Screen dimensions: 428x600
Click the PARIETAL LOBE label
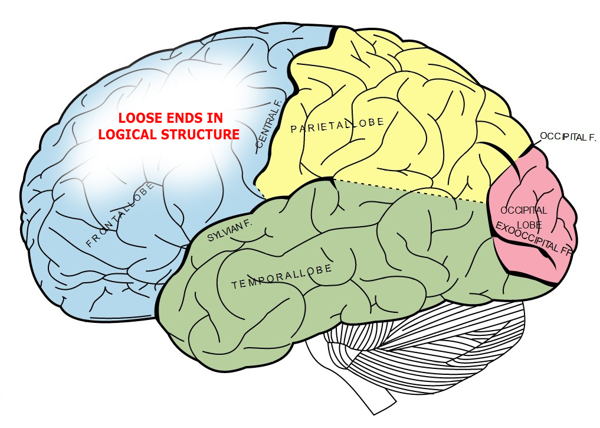coord(337,125)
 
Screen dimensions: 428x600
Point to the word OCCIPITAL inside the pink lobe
coord(524,210)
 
